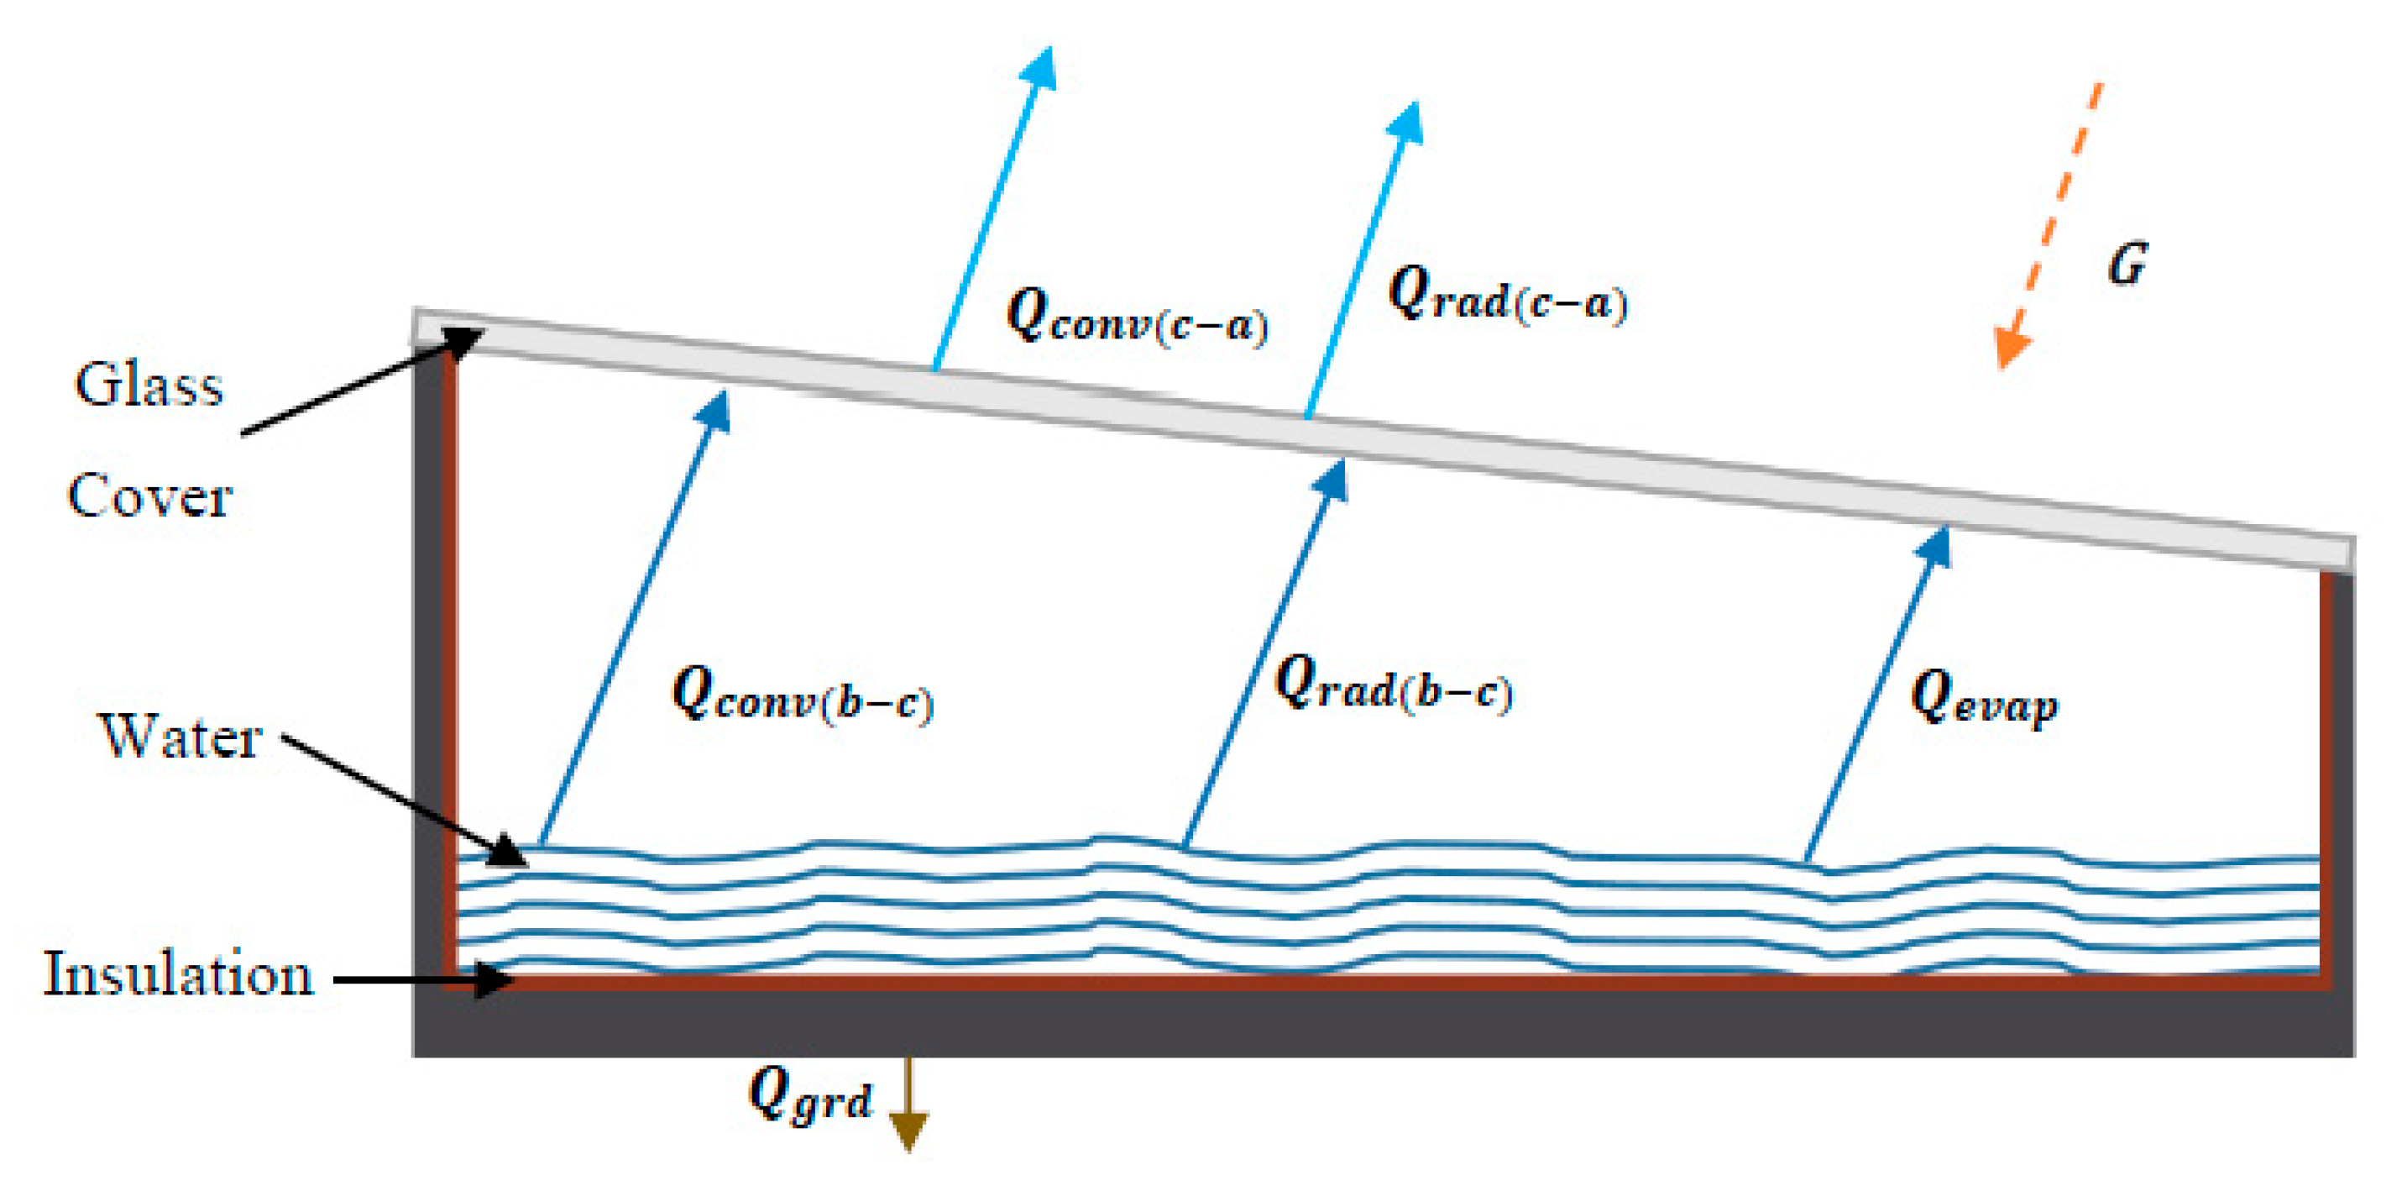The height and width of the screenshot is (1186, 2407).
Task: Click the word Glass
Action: point(149,385)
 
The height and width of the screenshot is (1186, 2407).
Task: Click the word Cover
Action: point(149,496)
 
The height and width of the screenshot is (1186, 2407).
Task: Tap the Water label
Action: point(180,737)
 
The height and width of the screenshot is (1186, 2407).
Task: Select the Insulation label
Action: point(177,975)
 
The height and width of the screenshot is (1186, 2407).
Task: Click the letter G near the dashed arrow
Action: point(2127,265)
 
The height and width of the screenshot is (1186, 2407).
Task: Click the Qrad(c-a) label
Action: point(1506,296)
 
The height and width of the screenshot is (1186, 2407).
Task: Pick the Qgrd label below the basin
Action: point(809,1094)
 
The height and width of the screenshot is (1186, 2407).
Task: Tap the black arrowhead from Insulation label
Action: point(495,980)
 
